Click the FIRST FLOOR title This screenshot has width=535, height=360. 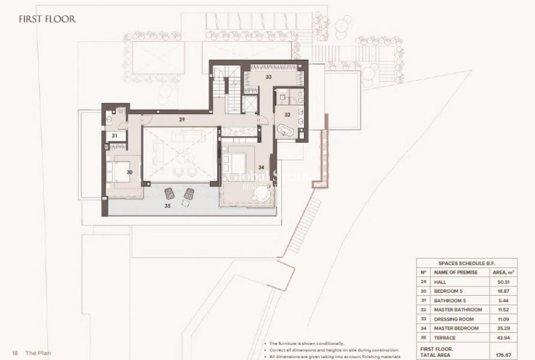point(47,19)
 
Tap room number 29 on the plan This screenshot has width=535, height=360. point(181,119)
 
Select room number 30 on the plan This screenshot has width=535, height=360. point(129,172)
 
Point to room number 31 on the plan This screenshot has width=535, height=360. point(115,135)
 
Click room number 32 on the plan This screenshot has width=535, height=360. point(287,115)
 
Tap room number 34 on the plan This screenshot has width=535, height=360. point(261,167)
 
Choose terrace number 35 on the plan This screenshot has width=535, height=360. point(167,205)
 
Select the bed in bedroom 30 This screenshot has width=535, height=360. point(120,171)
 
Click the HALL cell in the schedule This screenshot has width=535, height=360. point(439,282)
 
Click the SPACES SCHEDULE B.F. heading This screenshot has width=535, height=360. point(466,263)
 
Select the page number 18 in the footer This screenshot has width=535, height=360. point(14,353)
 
